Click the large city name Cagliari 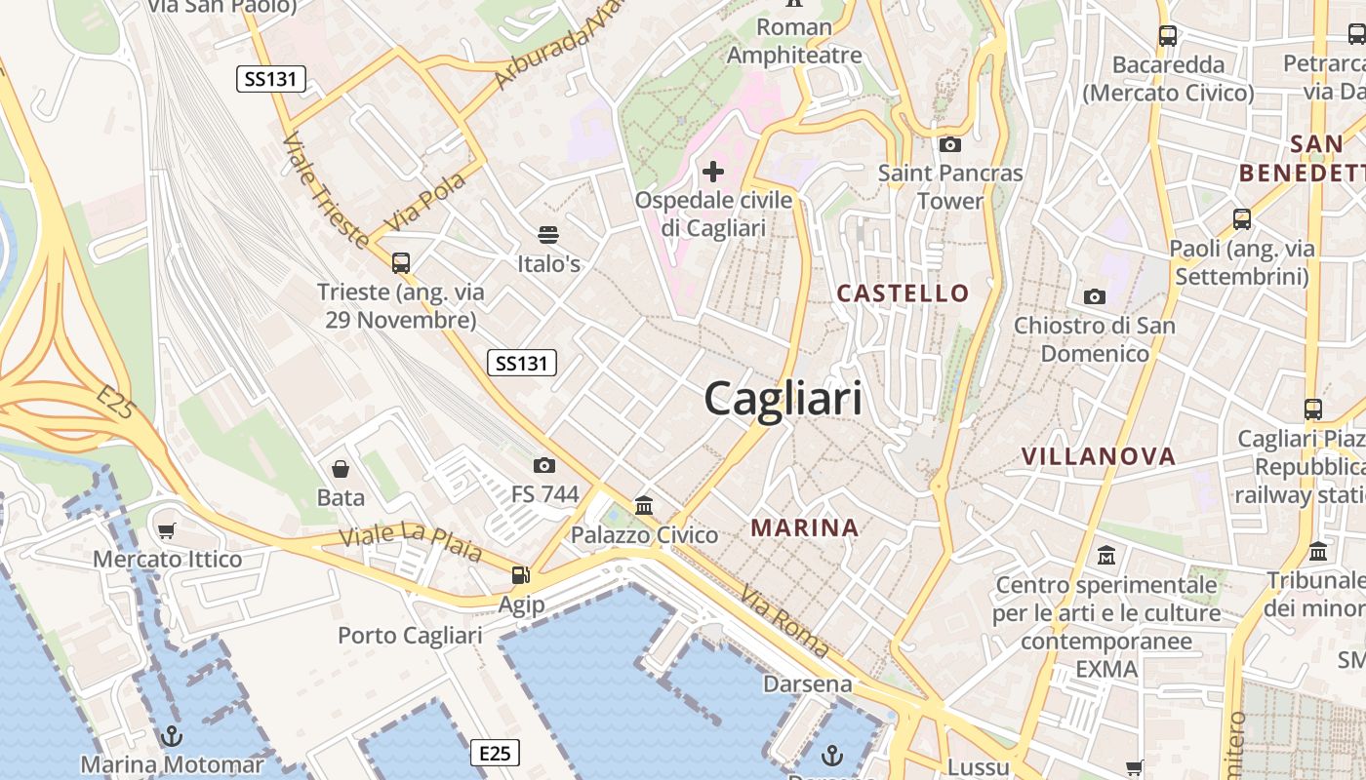coord(783,399)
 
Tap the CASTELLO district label coord(904,292)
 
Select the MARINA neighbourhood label coord(805,527)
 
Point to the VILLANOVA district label coord(1099,455)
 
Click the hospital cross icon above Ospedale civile coord(713,173)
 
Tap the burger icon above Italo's coord(548,235)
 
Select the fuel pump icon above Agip coord(521,576)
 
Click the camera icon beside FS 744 coord(544,465)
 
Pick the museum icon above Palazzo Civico coord(644,505)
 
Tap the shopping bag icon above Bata coord(341,469)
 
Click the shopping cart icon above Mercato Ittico coord(167,530)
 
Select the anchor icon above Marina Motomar coord(172,735)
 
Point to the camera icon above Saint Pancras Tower coord(949,145)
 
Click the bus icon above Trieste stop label coord(400,262)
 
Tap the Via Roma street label coord(784,621)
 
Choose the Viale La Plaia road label coord(411,542)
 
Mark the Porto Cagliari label coord(410,636)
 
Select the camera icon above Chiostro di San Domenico coord(1095,296)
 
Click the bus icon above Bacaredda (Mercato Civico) coord(1168,36)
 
